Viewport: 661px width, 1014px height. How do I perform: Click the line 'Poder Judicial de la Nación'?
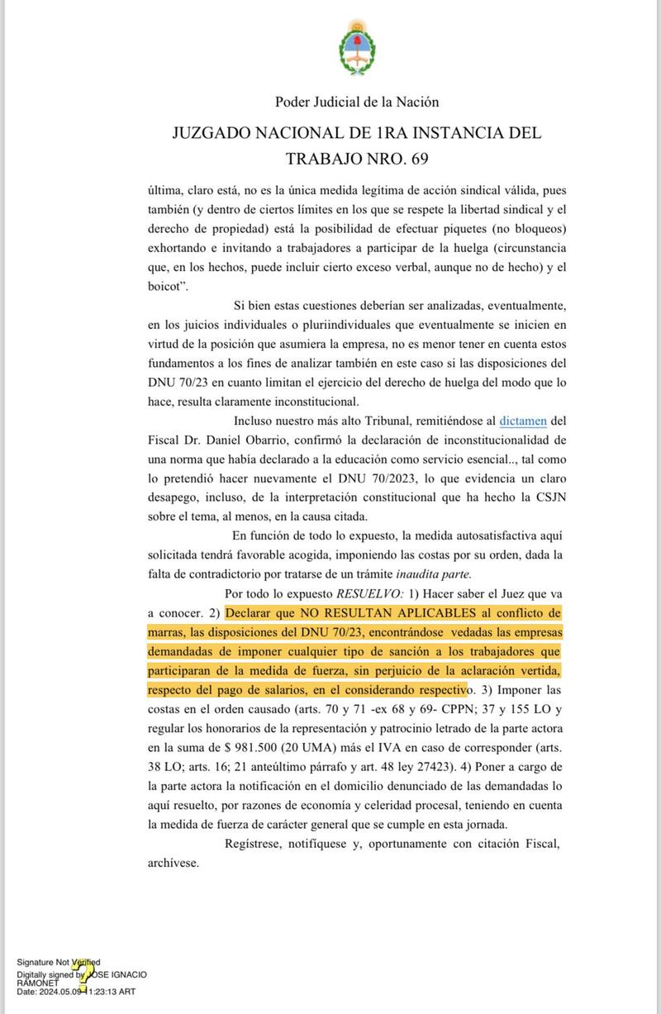pos(357,102)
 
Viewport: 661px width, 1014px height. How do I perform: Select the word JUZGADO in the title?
pos(217,131)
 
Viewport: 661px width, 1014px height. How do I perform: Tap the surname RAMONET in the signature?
pos(38,983)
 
